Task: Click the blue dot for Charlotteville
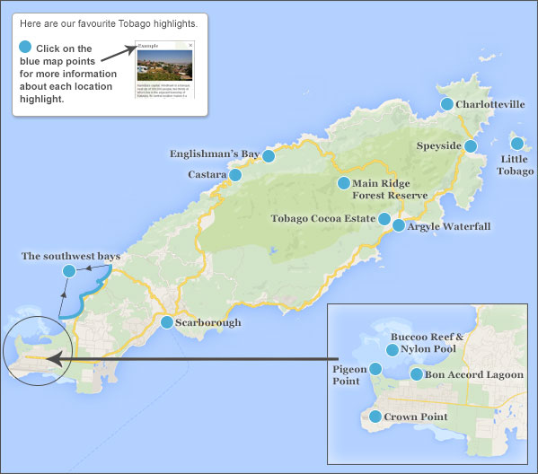(446, 104)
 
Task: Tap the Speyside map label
(438, 145)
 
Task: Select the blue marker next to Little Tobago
(517, 144)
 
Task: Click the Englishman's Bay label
(214, 154)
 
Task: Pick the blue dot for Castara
(235, 175)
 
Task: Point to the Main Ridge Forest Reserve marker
(343, 183)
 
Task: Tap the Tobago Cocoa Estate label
(323, 218)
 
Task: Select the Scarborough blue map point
(167, 322)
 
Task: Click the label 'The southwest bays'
(71, 257)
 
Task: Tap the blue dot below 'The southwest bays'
(68, 271)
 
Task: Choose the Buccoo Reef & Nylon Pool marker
(392, 350)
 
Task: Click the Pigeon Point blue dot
(377, 369)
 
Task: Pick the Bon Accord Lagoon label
(474, 374)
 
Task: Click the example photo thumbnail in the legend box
(163, 65)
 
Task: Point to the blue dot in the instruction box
(25, 48)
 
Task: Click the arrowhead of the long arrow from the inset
(50, 360)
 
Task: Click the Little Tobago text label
(516, 165)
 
